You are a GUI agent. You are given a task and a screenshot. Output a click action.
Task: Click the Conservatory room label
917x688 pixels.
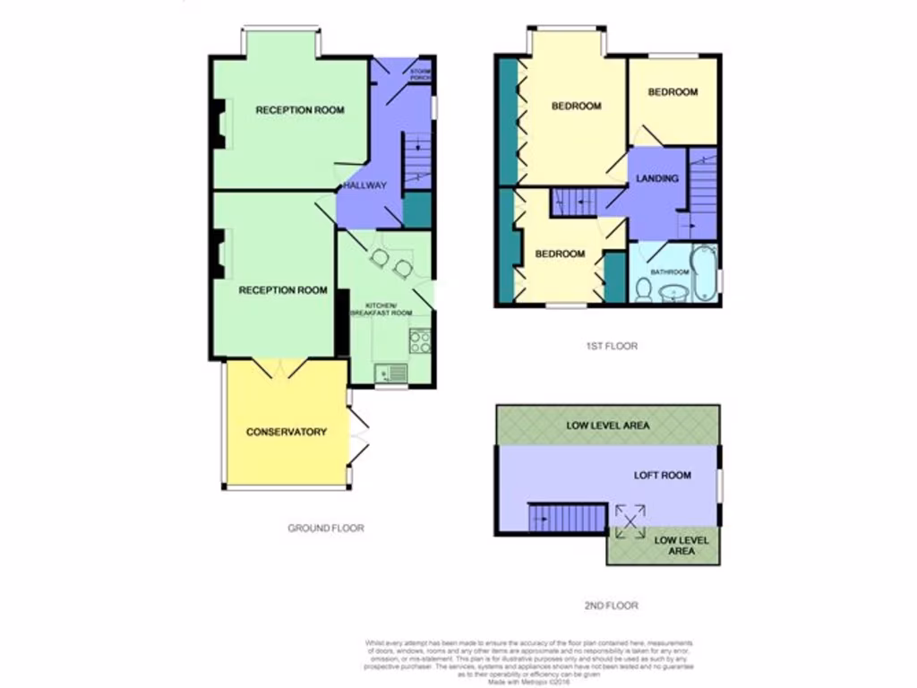pyautogui.click(x=287, y=432)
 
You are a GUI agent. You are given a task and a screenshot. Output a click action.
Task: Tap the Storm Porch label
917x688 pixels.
pyautogui.click(x=419, y=74)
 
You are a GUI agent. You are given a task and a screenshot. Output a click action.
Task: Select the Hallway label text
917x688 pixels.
pyautogui.click(x=364, y=185)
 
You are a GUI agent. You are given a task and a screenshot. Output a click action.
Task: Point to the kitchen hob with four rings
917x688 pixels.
pyautogui.click(x=419, y=341)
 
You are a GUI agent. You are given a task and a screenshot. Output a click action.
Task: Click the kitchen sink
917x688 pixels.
pyautogui.click(x=392, y=372)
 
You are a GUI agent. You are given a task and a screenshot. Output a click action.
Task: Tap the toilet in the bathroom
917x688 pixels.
pyautogui.click(x=643, y=288)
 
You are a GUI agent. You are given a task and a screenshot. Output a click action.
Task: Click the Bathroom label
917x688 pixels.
pyautogui.click(x=669, y=271)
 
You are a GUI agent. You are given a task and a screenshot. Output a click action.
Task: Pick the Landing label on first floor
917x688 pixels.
pyautogui.click(x=657, y=178)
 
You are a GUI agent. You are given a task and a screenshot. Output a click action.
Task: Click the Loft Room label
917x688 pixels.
pyautogui.click(x=663, y=476)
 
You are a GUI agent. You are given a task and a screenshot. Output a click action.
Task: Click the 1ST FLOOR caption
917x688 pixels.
pyautogui.click(x=613, y=346)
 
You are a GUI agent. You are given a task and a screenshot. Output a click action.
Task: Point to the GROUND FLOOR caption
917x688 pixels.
pyautogui.click(x=326, y=529)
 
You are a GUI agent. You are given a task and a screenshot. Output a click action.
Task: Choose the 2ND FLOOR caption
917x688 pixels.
pyautogui.click(x=612, y=606)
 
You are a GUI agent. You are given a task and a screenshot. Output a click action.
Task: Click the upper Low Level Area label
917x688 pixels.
pyautogui.click(x=608, y=426)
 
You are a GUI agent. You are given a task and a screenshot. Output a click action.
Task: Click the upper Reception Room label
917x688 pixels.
pyautogui.click(x=300, y=110)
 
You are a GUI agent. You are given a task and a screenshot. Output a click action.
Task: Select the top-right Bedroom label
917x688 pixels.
pyautogui.click(x=673, y=92)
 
